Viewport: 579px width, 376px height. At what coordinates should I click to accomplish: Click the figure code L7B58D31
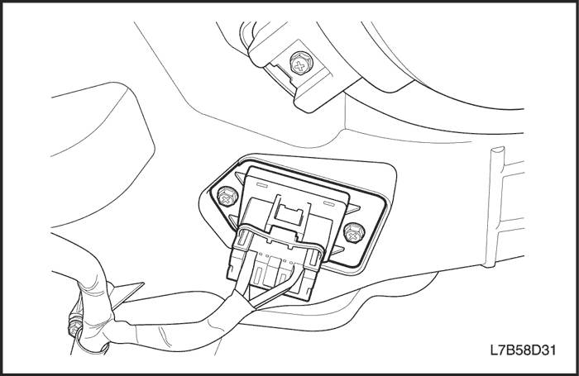pyautogui.click(x=523, y=350)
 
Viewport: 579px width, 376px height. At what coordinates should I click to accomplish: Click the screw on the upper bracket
pyautogui.click(x=299, y=65)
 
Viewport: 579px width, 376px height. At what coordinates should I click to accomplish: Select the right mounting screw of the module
pyautogui.click(x=354, y=234)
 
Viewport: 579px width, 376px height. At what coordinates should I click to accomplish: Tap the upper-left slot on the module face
pyautogui.click(x=264, y=184)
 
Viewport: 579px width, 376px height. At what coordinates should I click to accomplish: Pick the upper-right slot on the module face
pyautogui.click(x=331, y=202)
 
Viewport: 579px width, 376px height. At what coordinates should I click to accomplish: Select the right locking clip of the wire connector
pyautogui.click(x=313, y=259)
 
